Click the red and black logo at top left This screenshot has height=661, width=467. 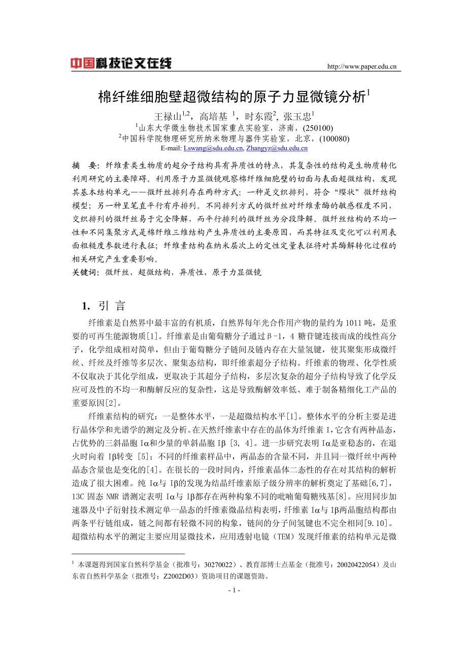pyautogui.click(x=121, y=63)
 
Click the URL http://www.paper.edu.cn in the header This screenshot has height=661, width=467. pyautogui.click(x=362, y=66)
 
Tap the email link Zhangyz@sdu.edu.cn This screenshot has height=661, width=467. pyautogui.click(x=277, y=148)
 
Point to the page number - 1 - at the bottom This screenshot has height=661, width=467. pyautogui.click(x=233, y=590)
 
